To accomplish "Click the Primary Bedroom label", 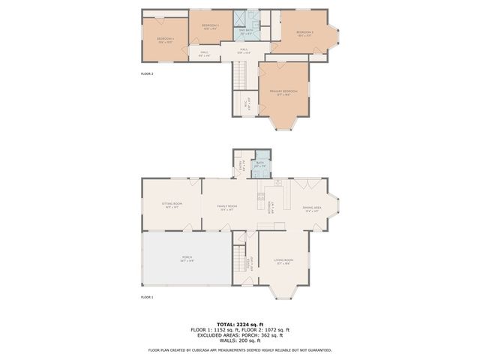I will pos(283,92).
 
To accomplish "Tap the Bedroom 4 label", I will pos(165,39).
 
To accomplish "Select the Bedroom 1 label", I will pos(210,26).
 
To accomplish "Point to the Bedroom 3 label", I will pos(304,33).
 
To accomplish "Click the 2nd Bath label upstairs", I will pos(245,31).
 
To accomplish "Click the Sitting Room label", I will pos(170,205).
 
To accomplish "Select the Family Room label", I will pos(227,208).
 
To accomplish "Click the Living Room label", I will pos(283,262).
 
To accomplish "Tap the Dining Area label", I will pos(313,208).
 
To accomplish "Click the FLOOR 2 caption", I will pos(147,73).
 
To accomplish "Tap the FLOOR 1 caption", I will pos(147,297).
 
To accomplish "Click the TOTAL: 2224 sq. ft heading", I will pos(240,324).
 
